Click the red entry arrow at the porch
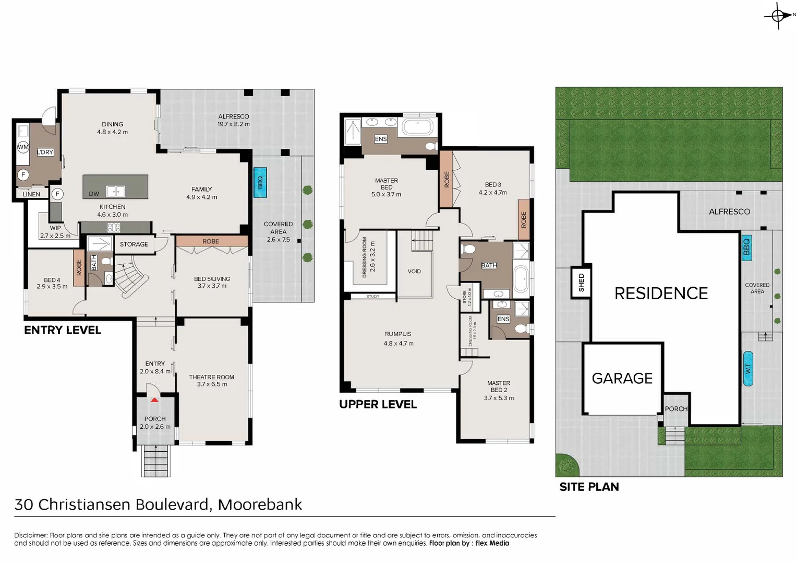[x=154, y=399]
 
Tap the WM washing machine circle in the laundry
[x=23, y=147]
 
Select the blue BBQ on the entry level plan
[x=260, y=182]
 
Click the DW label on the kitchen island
[x=94, y=194]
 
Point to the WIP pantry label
[x=55, y=228]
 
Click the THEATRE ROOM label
[x=211, y=377]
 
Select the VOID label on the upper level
[x=414, y=272]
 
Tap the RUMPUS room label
[x=397, y=334]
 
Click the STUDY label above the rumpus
[x=372, y=297]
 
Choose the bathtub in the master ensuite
[x=417, y=127]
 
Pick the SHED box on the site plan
[x=581, y=283]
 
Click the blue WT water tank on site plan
[x=747, y=369]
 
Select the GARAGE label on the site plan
[x=622, y=379]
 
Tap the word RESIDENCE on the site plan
[x=661, y=293]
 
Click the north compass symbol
[x=778, y=16]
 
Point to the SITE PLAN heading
[x=589, y=487]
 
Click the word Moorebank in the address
[x=260, y=504]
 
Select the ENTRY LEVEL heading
[x=63, y=330]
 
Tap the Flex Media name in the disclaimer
[x=492, y=543]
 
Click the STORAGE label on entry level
[x=134, y=244]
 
